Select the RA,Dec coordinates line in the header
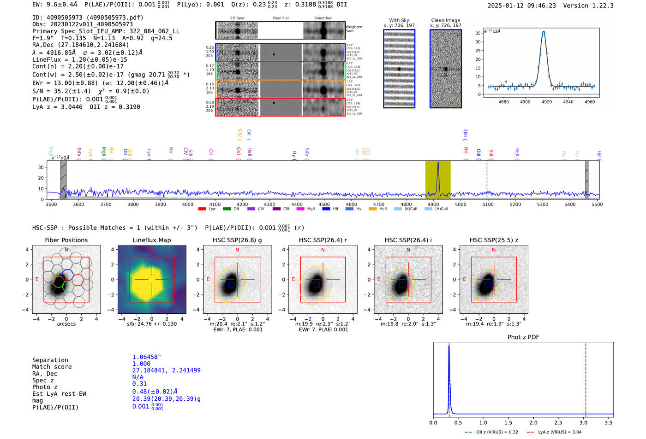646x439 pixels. [81, 45]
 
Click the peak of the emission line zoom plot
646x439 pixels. [544, 32]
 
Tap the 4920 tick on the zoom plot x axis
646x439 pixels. [547, 101]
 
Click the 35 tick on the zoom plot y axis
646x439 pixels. [478, 33]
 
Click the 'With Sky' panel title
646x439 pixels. [399, 20]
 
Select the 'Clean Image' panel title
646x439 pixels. [445, 20]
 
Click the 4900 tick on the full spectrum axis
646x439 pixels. [433, 204]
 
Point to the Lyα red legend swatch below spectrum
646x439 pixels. [202, 209]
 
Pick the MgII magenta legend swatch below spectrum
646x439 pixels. [300, 209]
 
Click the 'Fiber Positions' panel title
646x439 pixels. [66, 240]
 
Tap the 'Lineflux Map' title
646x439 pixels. [151, 240]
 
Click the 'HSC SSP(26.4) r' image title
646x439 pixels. [323, 240]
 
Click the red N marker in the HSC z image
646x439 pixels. [494, 250]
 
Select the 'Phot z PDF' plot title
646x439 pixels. [523, 337]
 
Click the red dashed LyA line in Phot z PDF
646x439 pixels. [586, 378]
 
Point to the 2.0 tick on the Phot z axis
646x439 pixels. [533, 422]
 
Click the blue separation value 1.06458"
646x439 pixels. [146, 357]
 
